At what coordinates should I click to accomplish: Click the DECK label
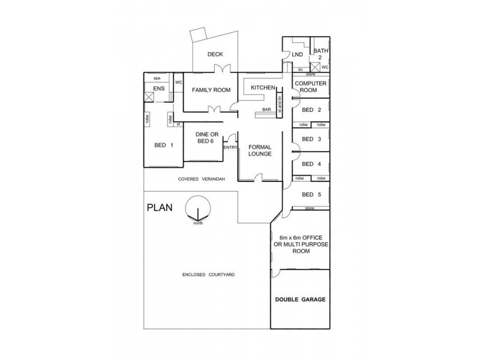click(215, 55)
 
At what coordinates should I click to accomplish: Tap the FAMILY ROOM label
click(211, 90)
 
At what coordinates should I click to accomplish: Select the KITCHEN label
click(262, 88)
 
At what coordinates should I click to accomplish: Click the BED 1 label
click(164, 145)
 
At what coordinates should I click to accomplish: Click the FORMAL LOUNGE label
click(259, 150)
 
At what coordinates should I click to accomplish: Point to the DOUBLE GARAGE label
click(300, 299)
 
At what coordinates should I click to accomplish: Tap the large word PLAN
click(160, 209)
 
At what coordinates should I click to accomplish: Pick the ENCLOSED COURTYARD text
click(208, 274)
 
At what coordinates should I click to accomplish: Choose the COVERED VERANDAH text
click(200, 179)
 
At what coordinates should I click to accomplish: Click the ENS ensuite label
click(159, 89)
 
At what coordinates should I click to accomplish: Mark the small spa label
click(157, 78)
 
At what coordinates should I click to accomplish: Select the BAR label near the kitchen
click(267, 110)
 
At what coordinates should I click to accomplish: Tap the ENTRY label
click(230, 147)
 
